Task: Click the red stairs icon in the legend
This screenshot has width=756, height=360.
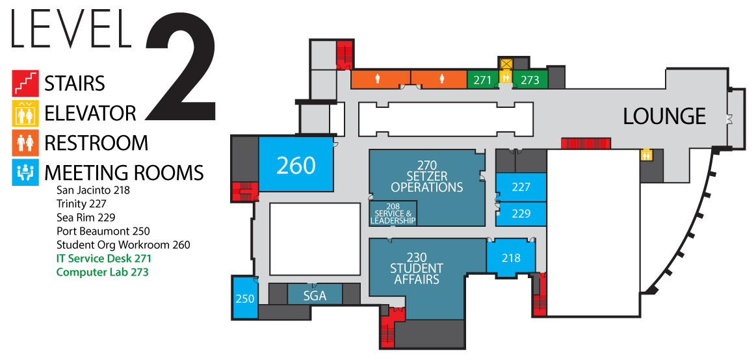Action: [25, 83]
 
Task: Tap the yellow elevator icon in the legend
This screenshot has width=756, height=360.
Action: [25, 113]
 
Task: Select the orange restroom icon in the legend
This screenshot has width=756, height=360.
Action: [25, 143]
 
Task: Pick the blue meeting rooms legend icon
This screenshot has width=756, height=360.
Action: [25, 173]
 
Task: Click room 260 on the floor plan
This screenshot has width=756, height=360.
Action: [296, 165]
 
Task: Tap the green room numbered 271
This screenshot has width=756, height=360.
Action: [482, 80]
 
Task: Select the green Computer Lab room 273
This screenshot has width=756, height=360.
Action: [530, 80]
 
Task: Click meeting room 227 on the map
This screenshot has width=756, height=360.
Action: [521, 187]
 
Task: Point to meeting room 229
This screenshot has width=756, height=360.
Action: [521, 214]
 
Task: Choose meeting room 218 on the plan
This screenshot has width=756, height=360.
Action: [511, 258]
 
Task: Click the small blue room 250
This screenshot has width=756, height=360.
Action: [245, 298]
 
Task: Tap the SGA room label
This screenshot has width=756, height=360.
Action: [315, 296]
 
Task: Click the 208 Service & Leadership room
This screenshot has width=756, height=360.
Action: [393, 213]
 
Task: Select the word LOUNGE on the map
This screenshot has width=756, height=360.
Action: [664, 116]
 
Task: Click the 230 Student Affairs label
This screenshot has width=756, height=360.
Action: [417, 268]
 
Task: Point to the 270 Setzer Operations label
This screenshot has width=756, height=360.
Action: [426, 175]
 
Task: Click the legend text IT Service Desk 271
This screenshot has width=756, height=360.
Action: [103, 259]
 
